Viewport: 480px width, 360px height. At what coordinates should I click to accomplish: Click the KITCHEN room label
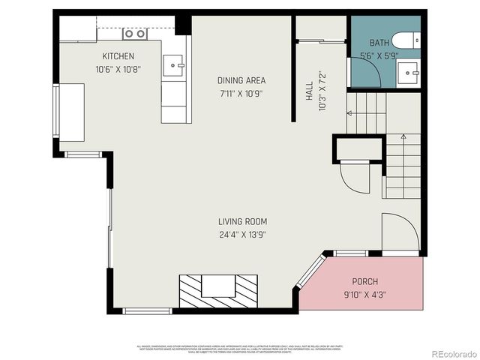[x=118, y=56]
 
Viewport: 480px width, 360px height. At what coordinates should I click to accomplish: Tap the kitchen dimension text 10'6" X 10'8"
[x=118, y=69]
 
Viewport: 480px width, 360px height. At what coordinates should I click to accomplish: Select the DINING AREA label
[x=241, y=80]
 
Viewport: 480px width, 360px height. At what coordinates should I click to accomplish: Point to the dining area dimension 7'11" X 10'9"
[x=241, y=94]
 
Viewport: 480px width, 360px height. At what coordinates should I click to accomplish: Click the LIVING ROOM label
[x=242, y=221]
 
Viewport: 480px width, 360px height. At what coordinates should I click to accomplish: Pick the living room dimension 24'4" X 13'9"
[x=242, y=234]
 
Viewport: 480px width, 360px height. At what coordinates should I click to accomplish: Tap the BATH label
[x=378, y=43]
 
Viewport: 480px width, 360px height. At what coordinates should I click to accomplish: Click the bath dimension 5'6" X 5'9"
[x=378, y=55]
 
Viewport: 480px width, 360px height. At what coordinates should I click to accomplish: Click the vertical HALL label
[x=308, y=91]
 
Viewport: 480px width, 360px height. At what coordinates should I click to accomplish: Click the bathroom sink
[x=409, y=73]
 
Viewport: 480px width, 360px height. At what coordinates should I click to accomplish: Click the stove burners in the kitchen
[x=134, y=34]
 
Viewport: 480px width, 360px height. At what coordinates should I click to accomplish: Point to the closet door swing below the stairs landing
[x=353, y=178]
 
